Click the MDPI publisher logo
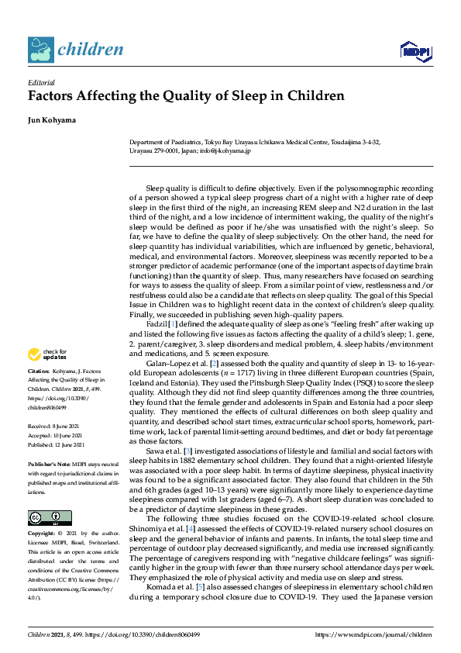coord(415,51)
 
